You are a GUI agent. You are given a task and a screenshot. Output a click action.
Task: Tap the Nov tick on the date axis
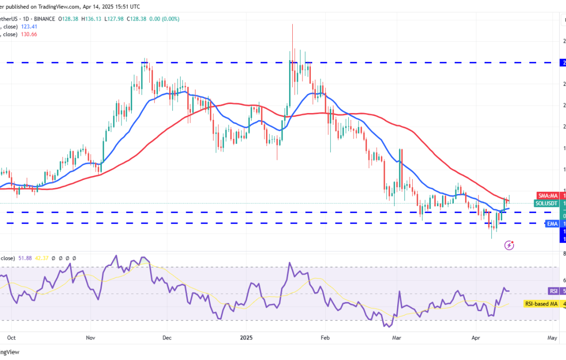click(x=91, y=338)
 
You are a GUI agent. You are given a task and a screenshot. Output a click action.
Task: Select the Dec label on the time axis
click(x=166, y=338)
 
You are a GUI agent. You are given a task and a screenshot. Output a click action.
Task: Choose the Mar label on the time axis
click(x=396, y=338)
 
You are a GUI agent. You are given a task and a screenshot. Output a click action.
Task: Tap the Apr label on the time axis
click(x=474, y=338)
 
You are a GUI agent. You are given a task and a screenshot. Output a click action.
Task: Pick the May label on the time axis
click(x=552, y=338)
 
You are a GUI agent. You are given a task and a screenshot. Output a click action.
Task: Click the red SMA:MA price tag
click(x=547, y=195)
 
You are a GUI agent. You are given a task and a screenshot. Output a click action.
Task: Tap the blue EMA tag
click(x=552, y=224)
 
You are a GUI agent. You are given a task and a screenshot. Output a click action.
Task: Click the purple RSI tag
click(x=554, y=291)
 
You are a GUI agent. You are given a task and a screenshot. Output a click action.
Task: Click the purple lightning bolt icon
click(x=509, y=245)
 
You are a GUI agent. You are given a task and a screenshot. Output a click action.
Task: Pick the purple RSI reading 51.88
click(x=23, y=258)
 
